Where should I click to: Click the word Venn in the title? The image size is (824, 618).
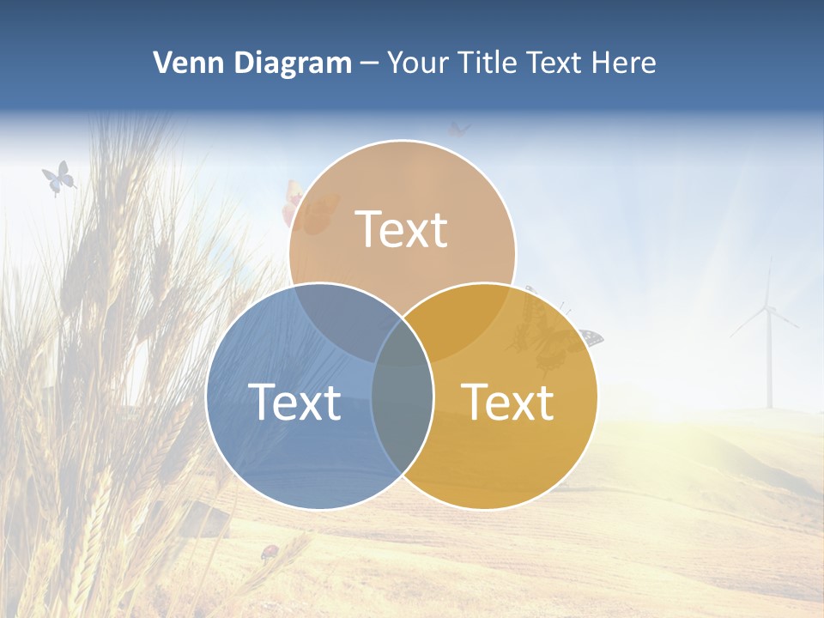pos(183,63)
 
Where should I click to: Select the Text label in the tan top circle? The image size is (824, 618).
pos(402,229)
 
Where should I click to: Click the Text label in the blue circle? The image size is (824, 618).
pos(294,402)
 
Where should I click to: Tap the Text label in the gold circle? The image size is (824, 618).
pos(508,402)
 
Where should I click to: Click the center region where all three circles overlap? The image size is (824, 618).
pos(402,343)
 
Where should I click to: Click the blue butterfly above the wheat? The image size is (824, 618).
pos(58,178)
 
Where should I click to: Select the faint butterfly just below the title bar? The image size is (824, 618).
pos(459,129)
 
